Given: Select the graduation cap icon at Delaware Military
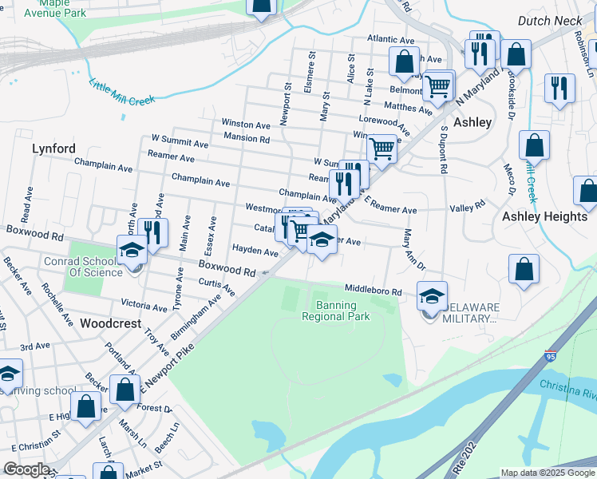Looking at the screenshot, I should [432, 296].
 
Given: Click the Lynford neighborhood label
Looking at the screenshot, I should [53, 148].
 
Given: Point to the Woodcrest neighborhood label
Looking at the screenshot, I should [111, 323].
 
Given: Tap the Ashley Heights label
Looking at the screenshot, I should [544, 216].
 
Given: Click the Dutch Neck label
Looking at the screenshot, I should [547, 22].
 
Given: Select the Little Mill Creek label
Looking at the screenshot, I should [121, 90].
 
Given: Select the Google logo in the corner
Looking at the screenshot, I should [26, 469].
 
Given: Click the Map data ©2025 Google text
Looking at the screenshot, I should [548, 473].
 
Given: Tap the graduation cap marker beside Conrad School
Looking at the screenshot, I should [132, 250].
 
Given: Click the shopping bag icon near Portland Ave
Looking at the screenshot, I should [125, 390].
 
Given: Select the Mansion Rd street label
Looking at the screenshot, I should [247, 138].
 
